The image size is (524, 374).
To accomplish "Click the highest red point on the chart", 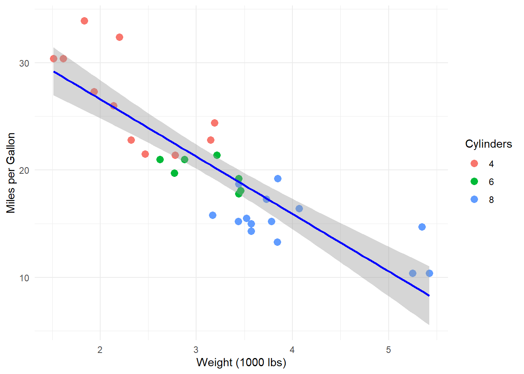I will [x=84, y=21].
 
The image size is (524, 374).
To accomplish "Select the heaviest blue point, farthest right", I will [x=429, y=273].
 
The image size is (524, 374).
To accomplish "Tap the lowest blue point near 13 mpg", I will [x=277, y=242].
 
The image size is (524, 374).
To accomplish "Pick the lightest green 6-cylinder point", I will [x=160, y=159].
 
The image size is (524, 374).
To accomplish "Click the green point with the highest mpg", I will [x=217, y=155].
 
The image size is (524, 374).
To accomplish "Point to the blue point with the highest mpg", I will [x=278, y=178].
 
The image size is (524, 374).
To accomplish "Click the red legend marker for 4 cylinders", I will [x=474, y=164].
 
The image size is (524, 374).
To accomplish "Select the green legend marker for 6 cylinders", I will [x=474, y=182].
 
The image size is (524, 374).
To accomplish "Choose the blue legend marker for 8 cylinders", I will [x=474, y=199].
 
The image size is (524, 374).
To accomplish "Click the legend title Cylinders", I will [x=488, y=144].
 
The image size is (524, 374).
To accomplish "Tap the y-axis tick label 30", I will [x=24, y=63].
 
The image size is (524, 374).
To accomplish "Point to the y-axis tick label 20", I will [x=24, y=170].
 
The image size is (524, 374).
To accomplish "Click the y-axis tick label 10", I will [x=24, y=278].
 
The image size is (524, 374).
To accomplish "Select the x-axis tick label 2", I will [x=100, y=349].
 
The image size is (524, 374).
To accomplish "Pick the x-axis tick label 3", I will [x=196, y=349].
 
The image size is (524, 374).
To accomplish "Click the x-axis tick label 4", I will [x=292, y=349].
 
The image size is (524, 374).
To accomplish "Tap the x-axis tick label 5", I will [x=389, y=349].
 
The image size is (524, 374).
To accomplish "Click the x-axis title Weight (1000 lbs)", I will [x=241, y=362].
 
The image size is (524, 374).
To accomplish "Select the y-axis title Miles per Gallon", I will [x=11, y=173].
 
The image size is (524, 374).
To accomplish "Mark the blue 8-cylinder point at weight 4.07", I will [x=299, y=208].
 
